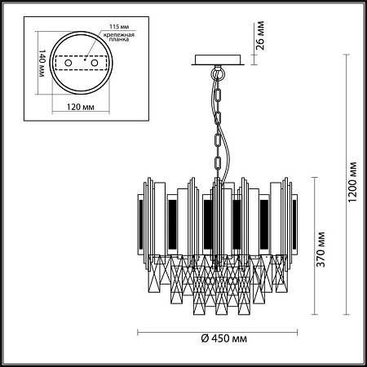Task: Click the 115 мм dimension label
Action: [x=119, y=27]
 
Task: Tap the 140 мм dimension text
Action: [x=42, y=63]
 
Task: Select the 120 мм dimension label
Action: [x=81, y=107]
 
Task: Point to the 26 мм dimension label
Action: [x=260, y=35]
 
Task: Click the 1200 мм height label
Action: [x=352, y=182]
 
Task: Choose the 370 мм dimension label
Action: [x=321, y=250]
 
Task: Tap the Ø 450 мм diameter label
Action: [x=224, y=338]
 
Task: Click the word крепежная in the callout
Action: [x=119, y=35]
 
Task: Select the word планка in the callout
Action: [x=119, y=39]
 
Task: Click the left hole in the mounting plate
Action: [x=69, y=63]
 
